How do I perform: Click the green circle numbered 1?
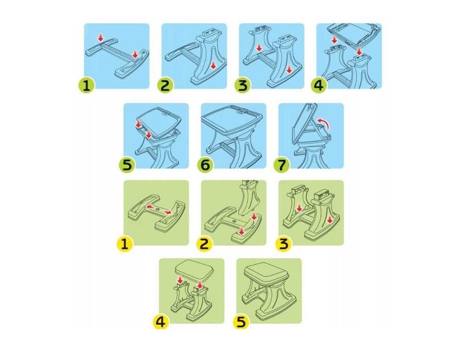[86, 85]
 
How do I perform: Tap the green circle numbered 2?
[165, 85]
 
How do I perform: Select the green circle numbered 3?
[242, 85]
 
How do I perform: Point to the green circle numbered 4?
[319, 85]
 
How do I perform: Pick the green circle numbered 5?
[127, 165]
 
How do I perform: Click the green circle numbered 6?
[205, 165]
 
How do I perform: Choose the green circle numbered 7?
[282, 165]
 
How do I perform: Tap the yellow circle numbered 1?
[125, 244]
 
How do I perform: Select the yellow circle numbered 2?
[204, 244]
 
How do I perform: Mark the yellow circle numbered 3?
[283, 244]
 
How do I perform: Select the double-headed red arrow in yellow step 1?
[158, 209]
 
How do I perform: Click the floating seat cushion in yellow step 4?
[192, 269]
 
